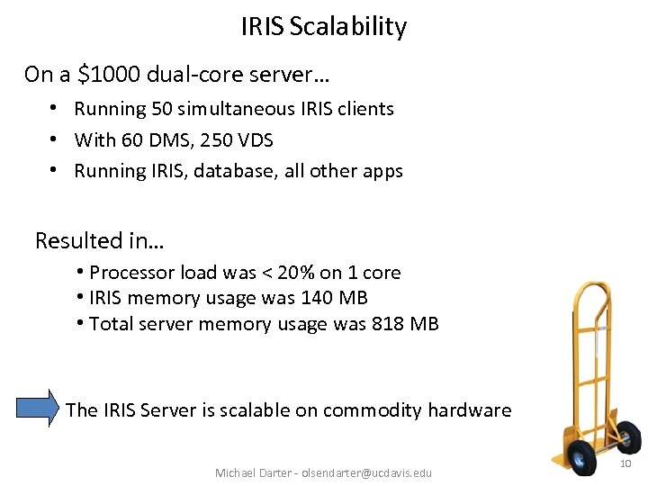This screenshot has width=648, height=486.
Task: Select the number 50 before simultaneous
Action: click(x=162, y=109)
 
